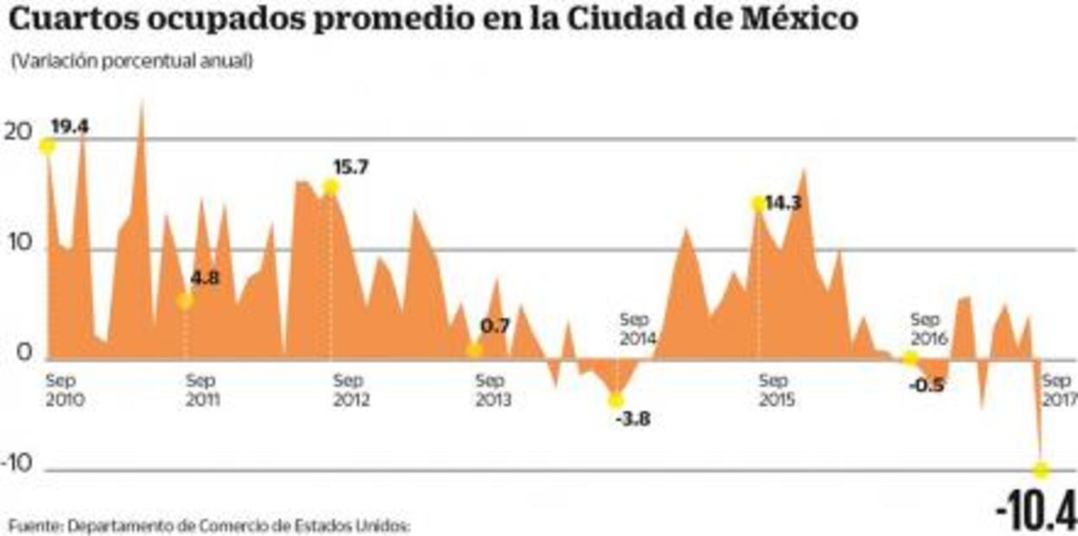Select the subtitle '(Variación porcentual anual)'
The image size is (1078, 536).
point(132,62)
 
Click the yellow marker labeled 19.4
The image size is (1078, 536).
point(47,145)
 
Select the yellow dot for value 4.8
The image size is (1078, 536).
point(185,301)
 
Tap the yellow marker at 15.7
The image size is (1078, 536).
point(331,188)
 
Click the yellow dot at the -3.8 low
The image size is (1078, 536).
point(616,400)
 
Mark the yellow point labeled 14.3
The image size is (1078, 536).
point(758,204)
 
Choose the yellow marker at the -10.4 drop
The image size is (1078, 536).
point(1042,470)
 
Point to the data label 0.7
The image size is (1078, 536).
point(495,327)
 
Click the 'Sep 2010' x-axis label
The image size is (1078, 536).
point(64,391)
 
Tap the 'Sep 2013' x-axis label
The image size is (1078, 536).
point(492,391)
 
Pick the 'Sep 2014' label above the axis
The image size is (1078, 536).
point(638,329)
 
